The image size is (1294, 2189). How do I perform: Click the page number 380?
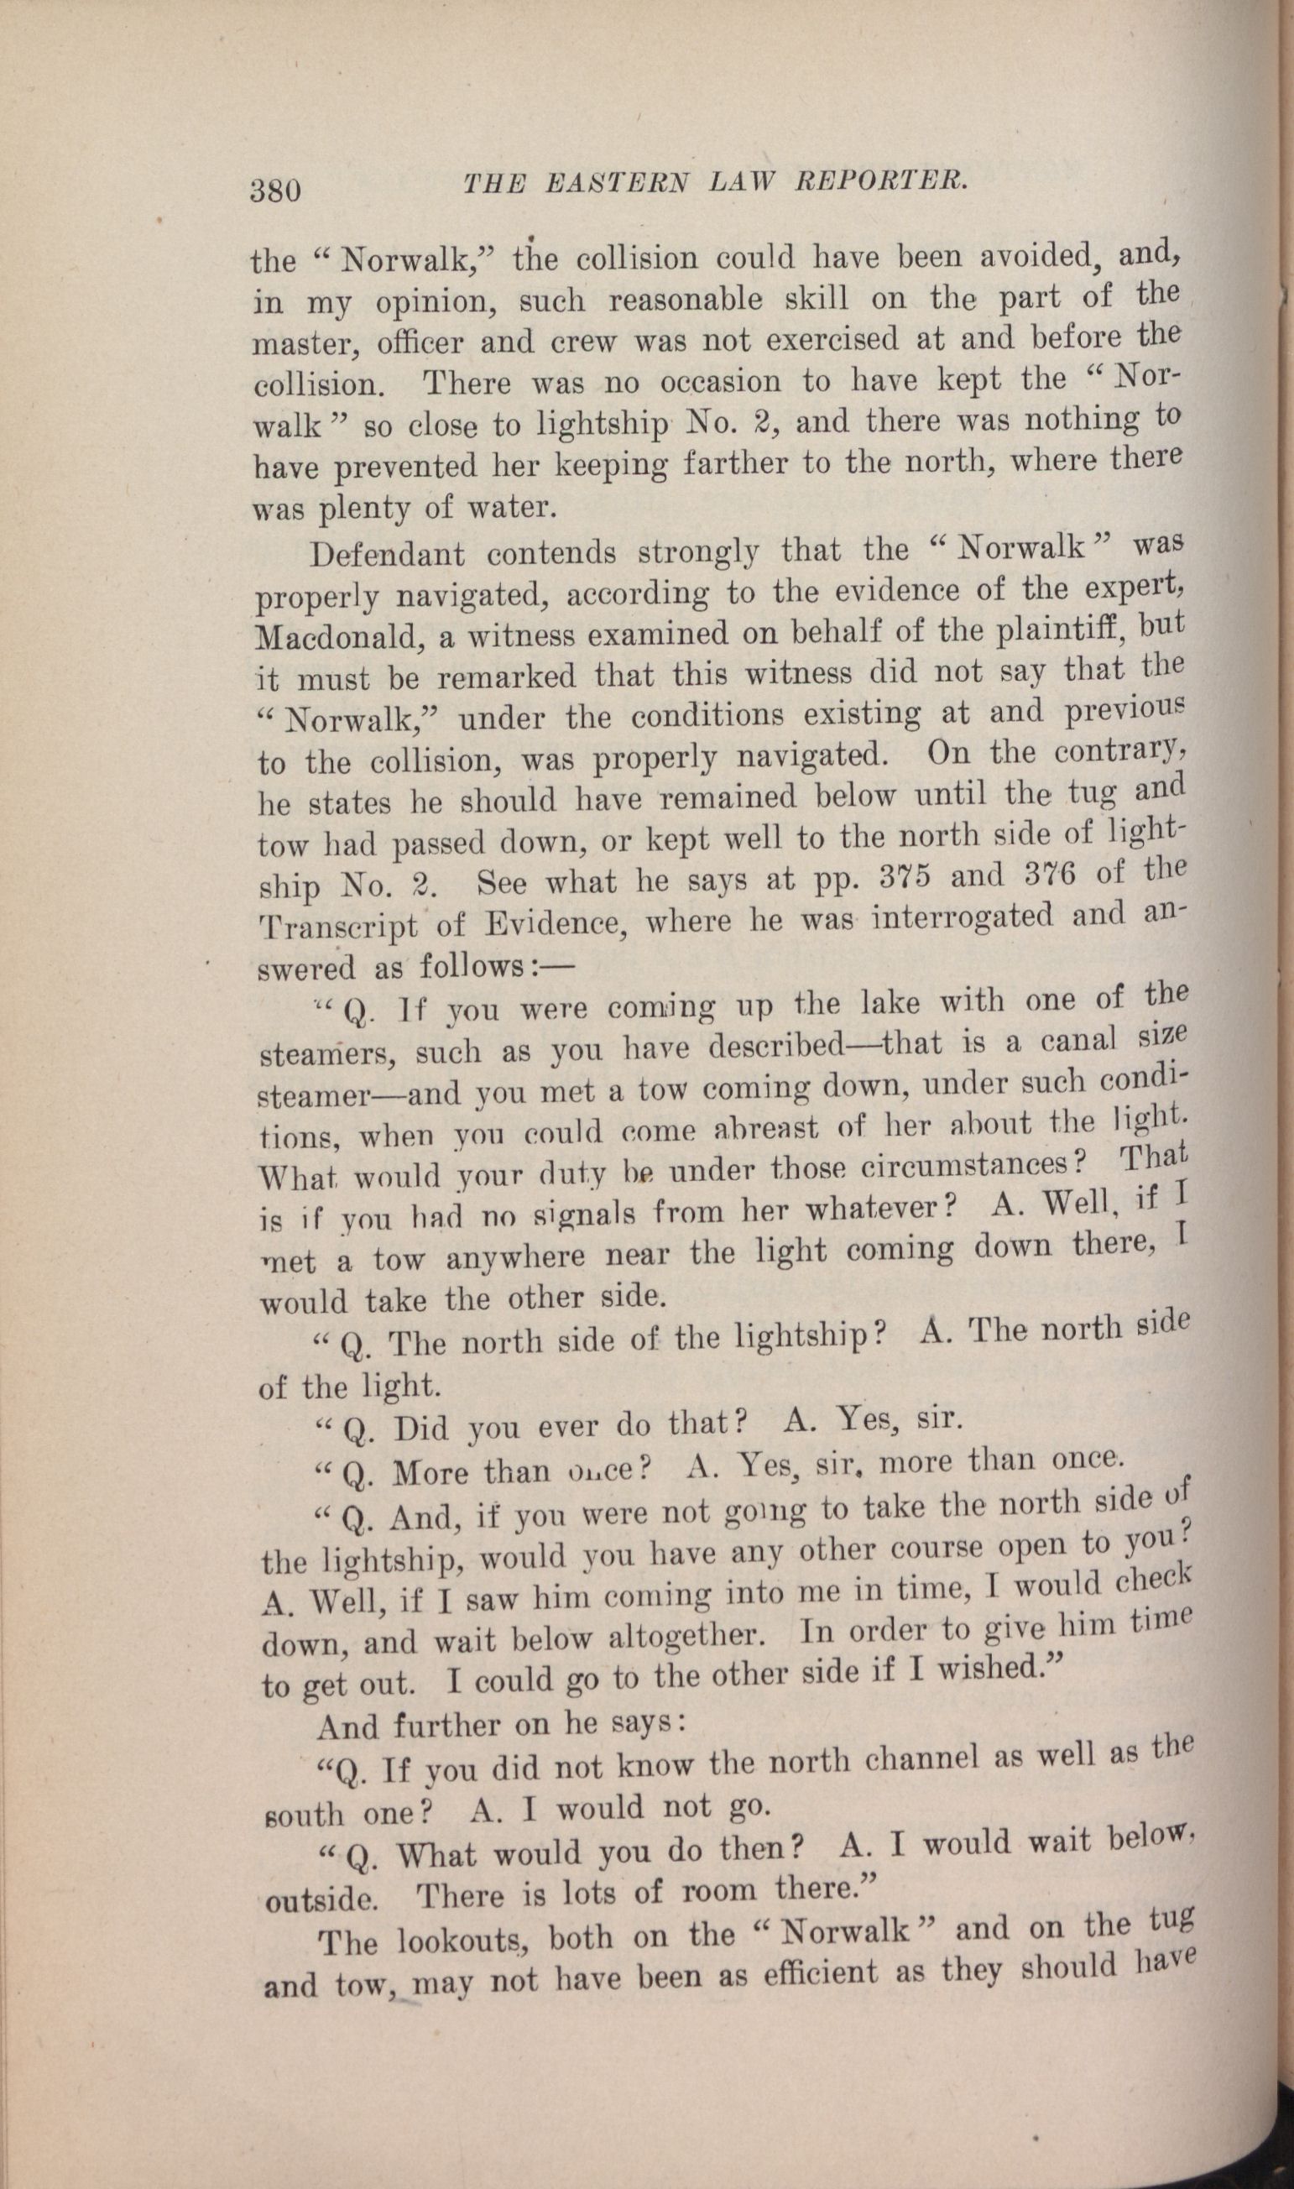point(274,189)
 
